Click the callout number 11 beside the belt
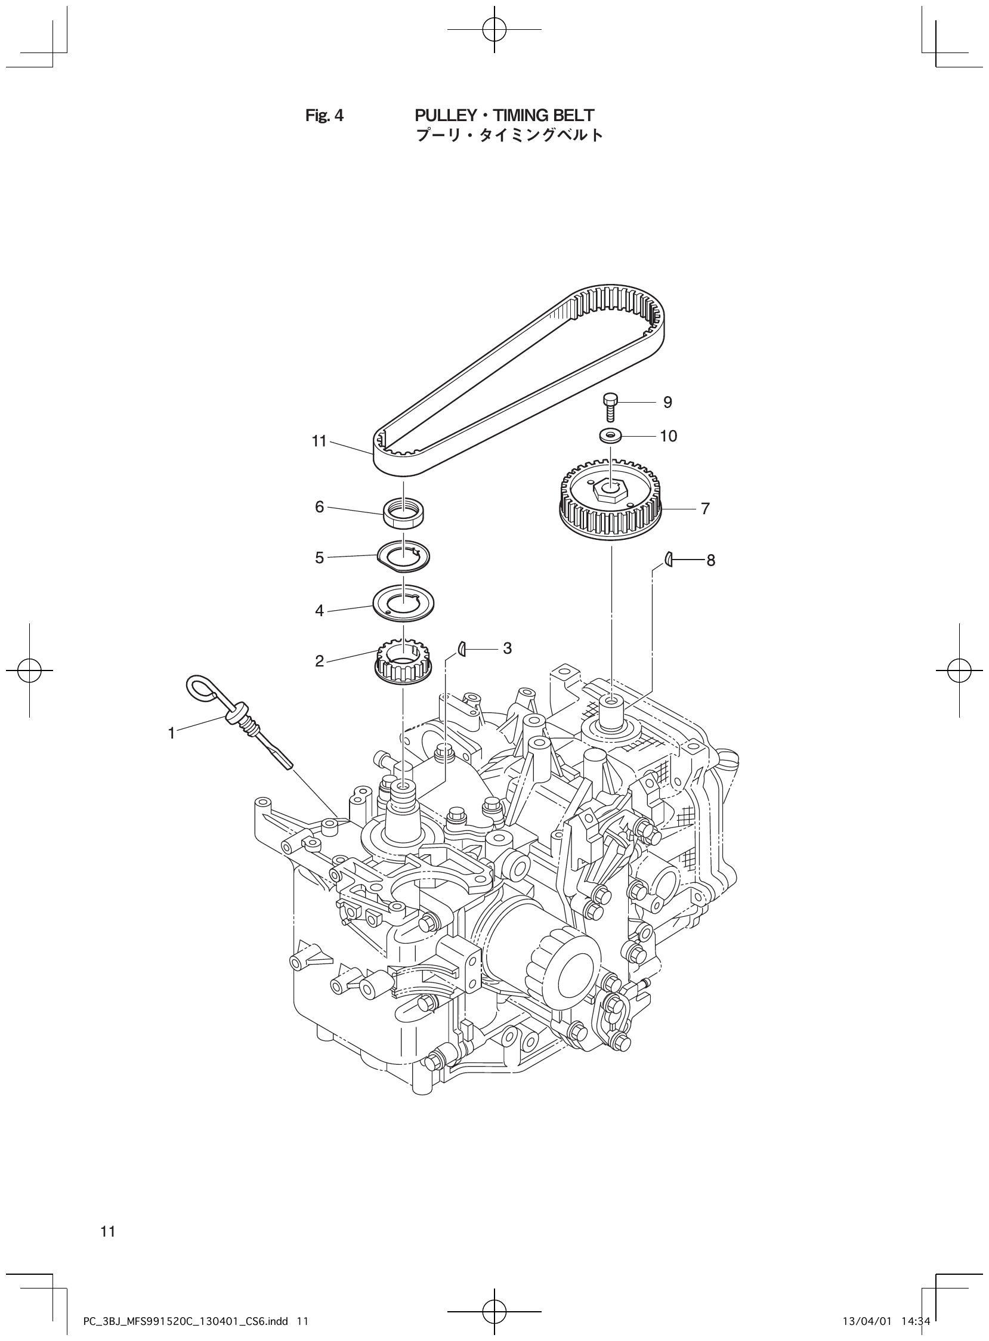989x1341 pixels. pyautogui.click(x=319, y=441)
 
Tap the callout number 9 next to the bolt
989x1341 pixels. pyautogui.click(x=667, y=402)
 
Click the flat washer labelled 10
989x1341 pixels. pyautogui.click(x=610, y=435)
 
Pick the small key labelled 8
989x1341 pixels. pyautogui.click(x=670, y=560)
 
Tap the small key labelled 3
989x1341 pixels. pyautogui.click(x=462, y=648)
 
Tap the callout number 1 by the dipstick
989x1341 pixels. pyautogui.click(x=171, y=733)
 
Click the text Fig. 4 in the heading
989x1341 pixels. pyautogui.click(x=324, y=116)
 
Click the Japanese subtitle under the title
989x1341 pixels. pyautogui.click(x=509, y=135)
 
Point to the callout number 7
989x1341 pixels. pyautogui.click(x=705, y=509)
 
